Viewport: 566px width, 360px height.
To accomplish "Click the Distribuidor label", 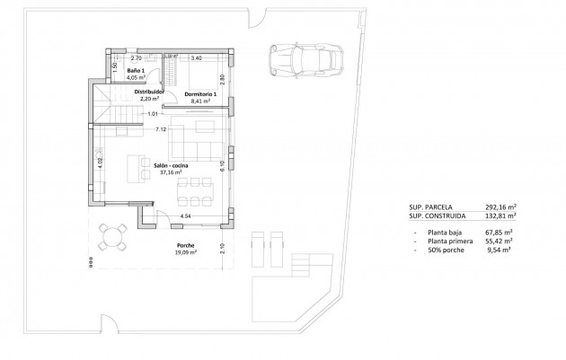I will coord(150,92).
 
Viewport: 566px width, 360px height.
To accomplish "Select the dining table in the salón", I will coord(194,191).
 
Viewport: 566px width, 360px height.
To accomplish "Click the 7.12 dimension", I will coord(161,129).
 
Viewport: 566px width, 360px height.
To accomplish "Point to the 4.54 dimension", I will coord(185,215).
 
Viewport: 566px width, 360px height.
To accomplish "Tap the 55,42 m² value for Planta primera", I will coord(500,241).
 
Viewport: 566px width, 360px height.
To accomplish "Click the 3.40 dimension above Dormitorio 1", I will coord(196,57).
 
